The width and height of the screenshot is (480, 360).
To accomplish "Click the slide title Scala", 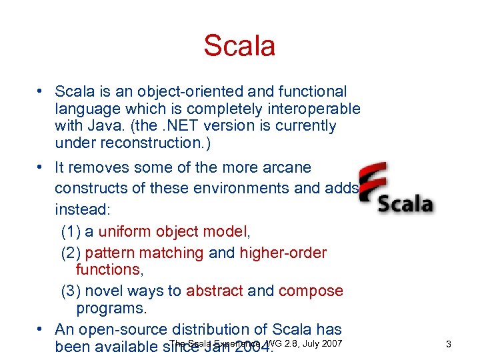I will [x=239, y=47].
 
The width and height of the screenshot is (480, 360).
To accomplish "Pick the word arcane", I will [x=287, y=167].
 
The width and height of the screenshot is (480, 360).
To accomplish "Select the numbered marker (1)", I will [x=71, y=231].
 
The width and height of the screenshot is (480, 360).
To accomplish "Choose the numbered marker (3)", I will [x=71, y=291].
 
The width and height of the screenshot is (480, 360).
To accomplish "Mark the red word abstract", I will [x=214, y=291].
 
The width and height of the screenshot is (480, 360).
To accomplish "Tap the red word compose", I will [x=311, y=291].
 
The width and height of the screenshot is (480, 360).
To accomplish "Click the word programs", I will [x=111, y=309].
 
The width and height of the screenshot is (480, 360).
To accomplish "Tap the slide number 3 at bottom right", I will [x=449, y=345].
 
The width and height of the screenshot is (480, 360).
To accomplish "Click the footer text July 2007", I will [x=322, y=343].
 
